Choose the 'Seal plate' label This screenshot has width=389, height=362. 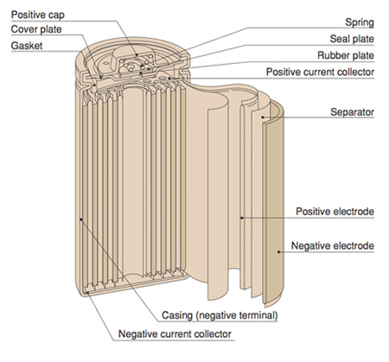pos(350,38)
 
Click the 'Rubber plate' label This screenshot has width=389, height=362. pos(345,56)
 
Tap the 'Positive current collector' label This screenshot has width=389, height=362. pos(320,73)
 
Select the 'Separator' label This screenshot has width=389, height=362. pos(351,112)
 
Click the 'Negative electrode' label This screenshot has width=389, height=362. pos(332,246)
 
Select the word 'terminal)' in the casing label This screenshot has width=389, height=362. pos(258,315)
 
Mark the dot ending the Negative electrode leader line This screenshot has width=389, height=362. pos(278,251)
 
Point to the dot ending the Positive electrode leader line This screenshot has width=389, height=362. pos(243,216)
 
